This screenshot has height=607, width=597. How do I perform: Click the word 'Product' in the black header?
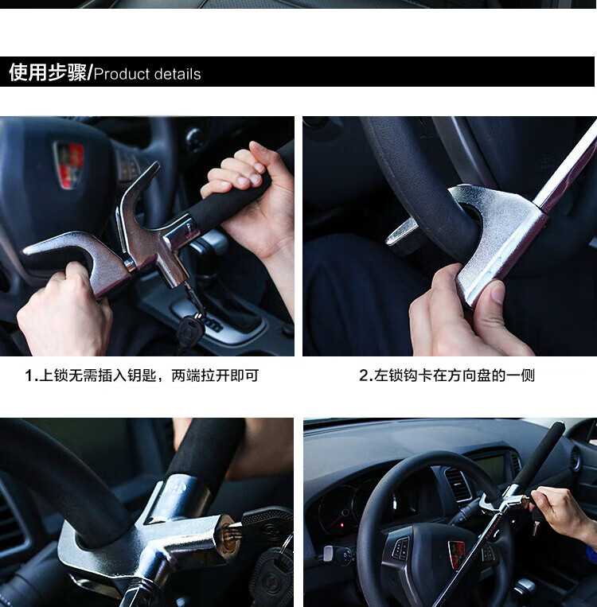click(x=122, y=74)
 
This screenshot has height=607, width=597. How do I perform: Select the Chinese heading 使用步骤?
click(x=48, y=72)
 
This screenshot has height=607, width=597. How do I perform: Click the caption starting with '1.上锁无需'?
click(x=142, y=375)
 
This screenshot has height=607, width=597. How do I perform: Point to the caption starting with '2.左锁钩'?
click(x=447, y=375)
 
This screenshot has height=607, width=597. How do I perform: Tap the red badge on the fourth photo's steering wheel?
click(x=457, y=554)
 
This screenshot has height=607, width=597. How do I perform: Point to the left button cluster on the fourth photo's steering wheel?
click(x=401, y=547)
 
